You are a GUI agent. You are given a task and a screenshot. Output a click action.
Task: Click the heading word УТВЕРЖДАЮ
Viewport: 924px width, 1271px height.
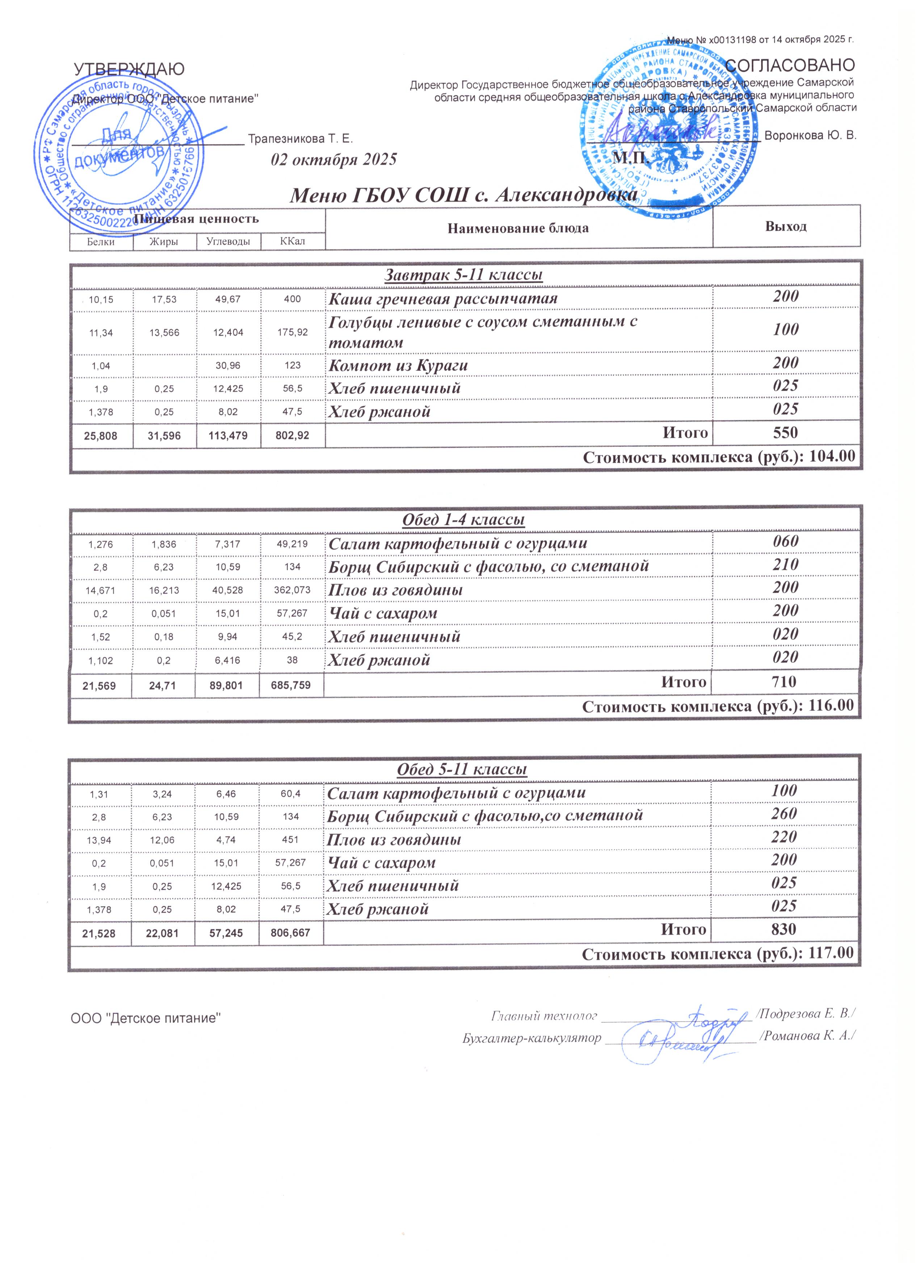click(129, 70)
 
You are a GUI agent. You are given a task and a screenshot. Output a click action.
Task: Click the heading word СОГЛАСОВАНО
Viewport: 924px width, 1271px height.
click(790, 65)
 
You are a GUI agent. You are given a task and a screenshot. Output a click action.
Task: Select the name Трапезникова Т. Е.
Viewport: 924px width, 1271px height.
click(301, 138)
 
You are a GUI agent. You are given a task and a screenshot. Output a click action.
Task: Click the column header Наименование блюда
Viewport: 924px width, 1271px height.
click(518, 228)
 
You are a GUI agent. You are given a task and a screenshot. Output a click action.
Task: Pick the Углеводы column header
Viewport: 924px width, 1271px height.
click(228, 242)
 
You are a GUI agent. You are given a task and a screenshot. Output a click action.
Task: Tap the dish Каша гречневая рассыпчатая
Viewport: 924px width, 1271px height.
click(443, 299)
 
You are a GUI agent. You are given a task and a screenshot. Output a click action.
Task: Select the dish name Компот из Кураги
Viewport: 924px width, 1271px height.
click(398, 365)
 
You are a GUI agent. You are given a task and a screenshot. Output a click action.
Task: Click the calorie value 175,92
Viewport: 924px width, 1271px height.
click(293, 332)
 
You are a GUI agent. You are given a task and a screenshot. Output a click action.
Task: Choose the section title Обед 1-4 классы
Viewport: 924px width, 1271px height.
click(463, 520)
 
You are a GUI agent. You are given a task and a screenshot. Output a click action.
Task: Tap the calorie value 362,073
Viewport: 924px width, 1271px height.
click(291, 590)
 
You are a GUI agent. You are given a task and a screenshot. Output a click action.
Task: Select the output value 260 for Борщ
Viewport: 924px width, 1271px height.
click(784, 814)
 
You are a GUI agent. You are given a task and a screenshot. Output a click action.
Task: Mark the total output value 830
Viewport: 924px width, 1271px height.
click(784, 929)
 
